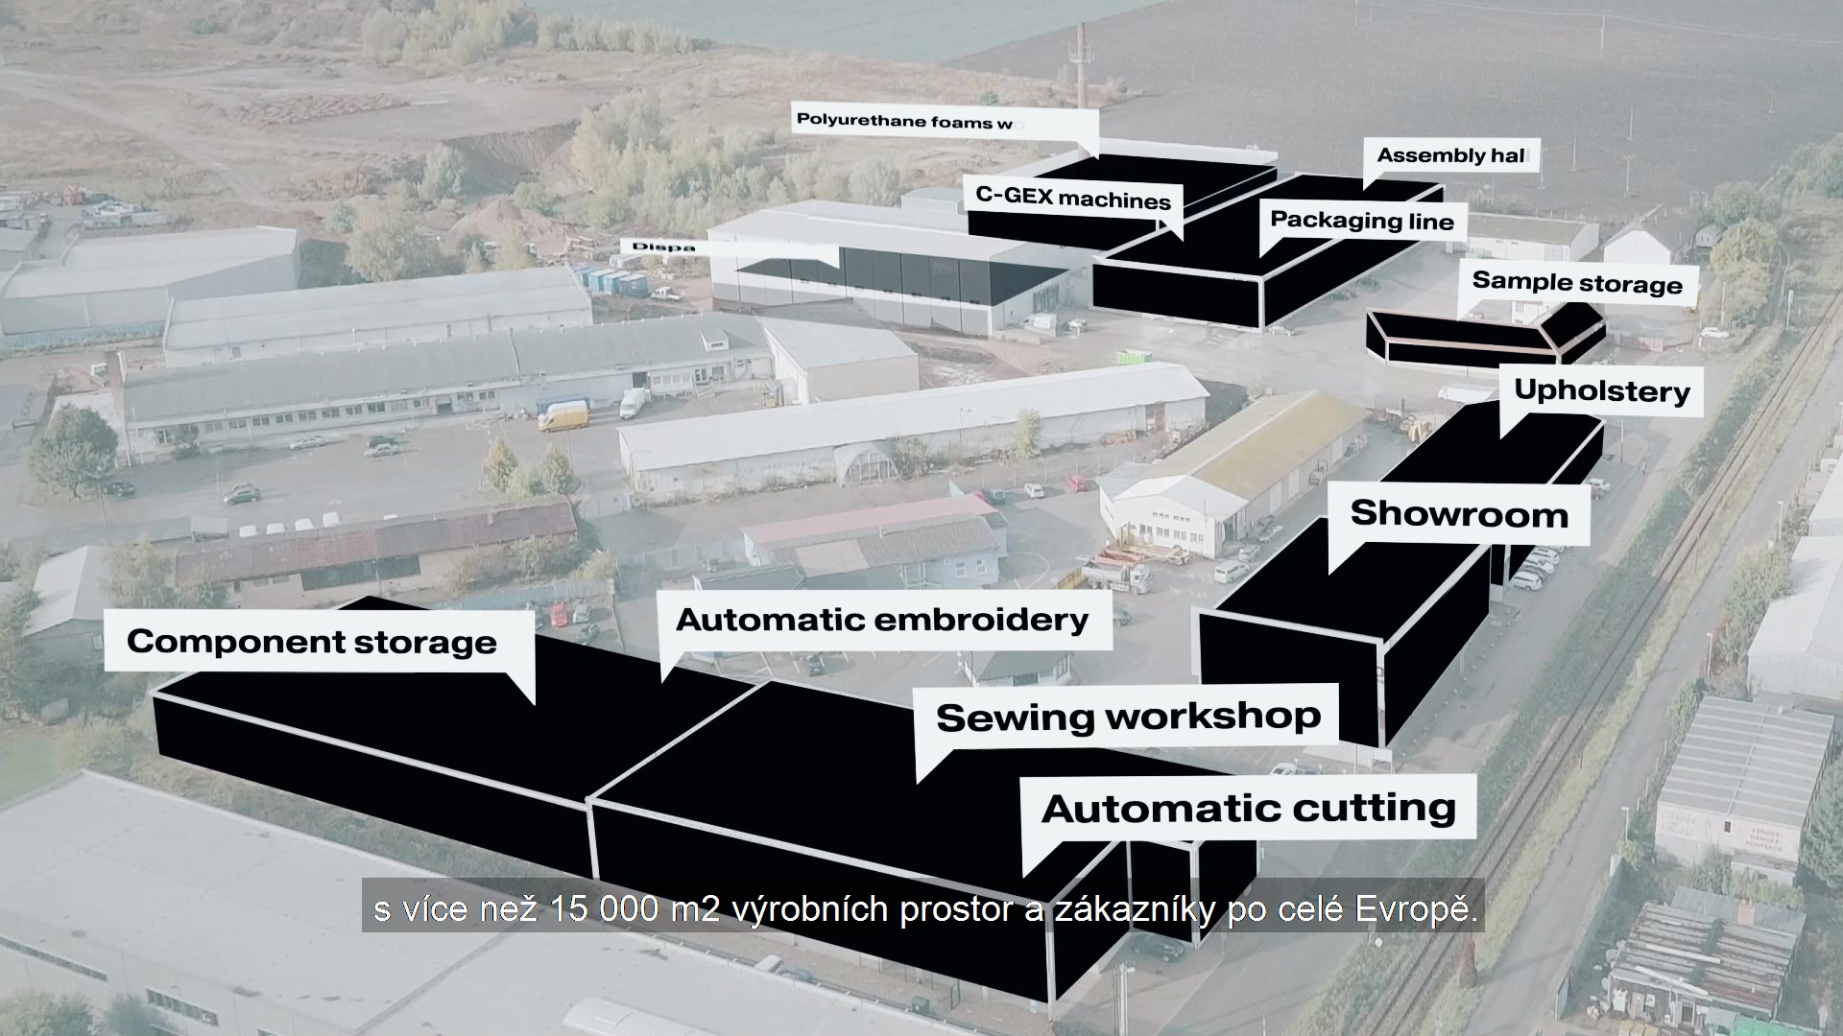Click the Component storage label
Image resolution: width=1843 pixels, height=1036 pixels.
(x=312, y=642)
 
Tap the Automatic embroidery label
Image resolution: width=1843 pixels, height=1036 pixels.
(x=881, y=620)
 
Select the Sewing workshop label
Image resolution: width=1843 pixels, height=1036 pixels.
(x=1128, y=717)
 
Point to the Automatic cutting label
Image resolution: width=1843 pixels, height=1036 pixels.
(x=1248, y=808)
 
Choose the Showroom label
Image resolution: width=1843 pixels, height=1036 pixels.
(x=1459, y=514)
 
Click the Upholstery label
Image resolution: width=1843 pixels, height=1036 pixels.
(x=1601, y=390)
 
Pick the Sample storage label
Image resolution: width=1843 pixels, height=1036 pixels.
(x=1576, y=282)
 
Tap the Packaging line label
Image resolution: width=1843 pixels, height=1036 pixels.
(x=1361, y=221)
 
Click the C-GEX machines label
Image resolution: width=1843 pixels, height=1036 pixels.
(x=1072, y=199)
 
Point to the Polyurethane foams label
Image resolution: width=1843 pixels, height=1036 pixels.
(x=903, y=121)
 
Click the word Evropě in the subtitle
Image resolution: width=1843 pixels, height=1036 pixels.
(x=1415, y=908)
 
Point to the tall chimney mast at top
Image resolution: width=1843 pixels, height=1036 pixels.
(x=1081, y=67)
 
